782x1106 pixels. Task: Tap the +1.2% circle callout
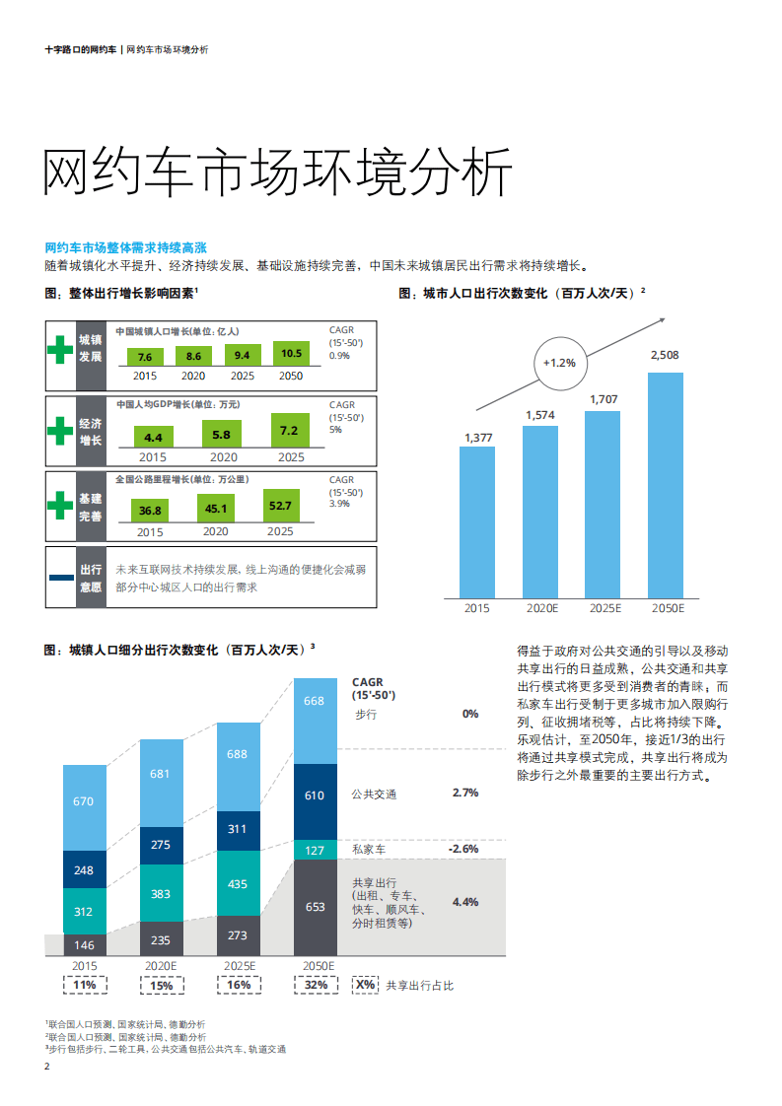[559, 362]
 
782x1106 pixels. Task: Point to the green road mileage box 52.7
[280, 507]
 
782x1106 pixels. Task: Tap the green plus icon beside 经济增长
[61, 431]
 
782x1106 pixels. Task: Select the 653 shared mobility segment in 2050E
[315, 907]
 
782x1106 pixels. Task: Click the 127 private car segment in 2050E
[315, 851]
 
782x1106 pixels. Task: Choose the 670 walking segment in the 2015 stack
[84, 801]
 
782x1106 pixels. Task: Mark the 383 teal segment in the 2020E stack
[161, 893]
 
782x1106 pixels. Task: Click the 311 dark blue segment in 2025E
[238, 830]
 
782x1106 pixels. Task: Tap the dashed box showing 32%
[315, 985]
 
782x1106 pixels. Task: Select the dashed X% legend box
[365, 985]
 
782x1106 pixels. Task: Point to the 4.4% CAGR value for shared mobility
[464, 902]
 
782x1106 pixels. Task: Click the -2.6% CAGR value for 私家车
[462, 849]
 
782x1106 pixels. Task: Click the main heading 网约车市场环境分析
[278, 174]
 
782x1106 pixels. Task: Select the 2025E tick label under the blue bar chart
[603, 609]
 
